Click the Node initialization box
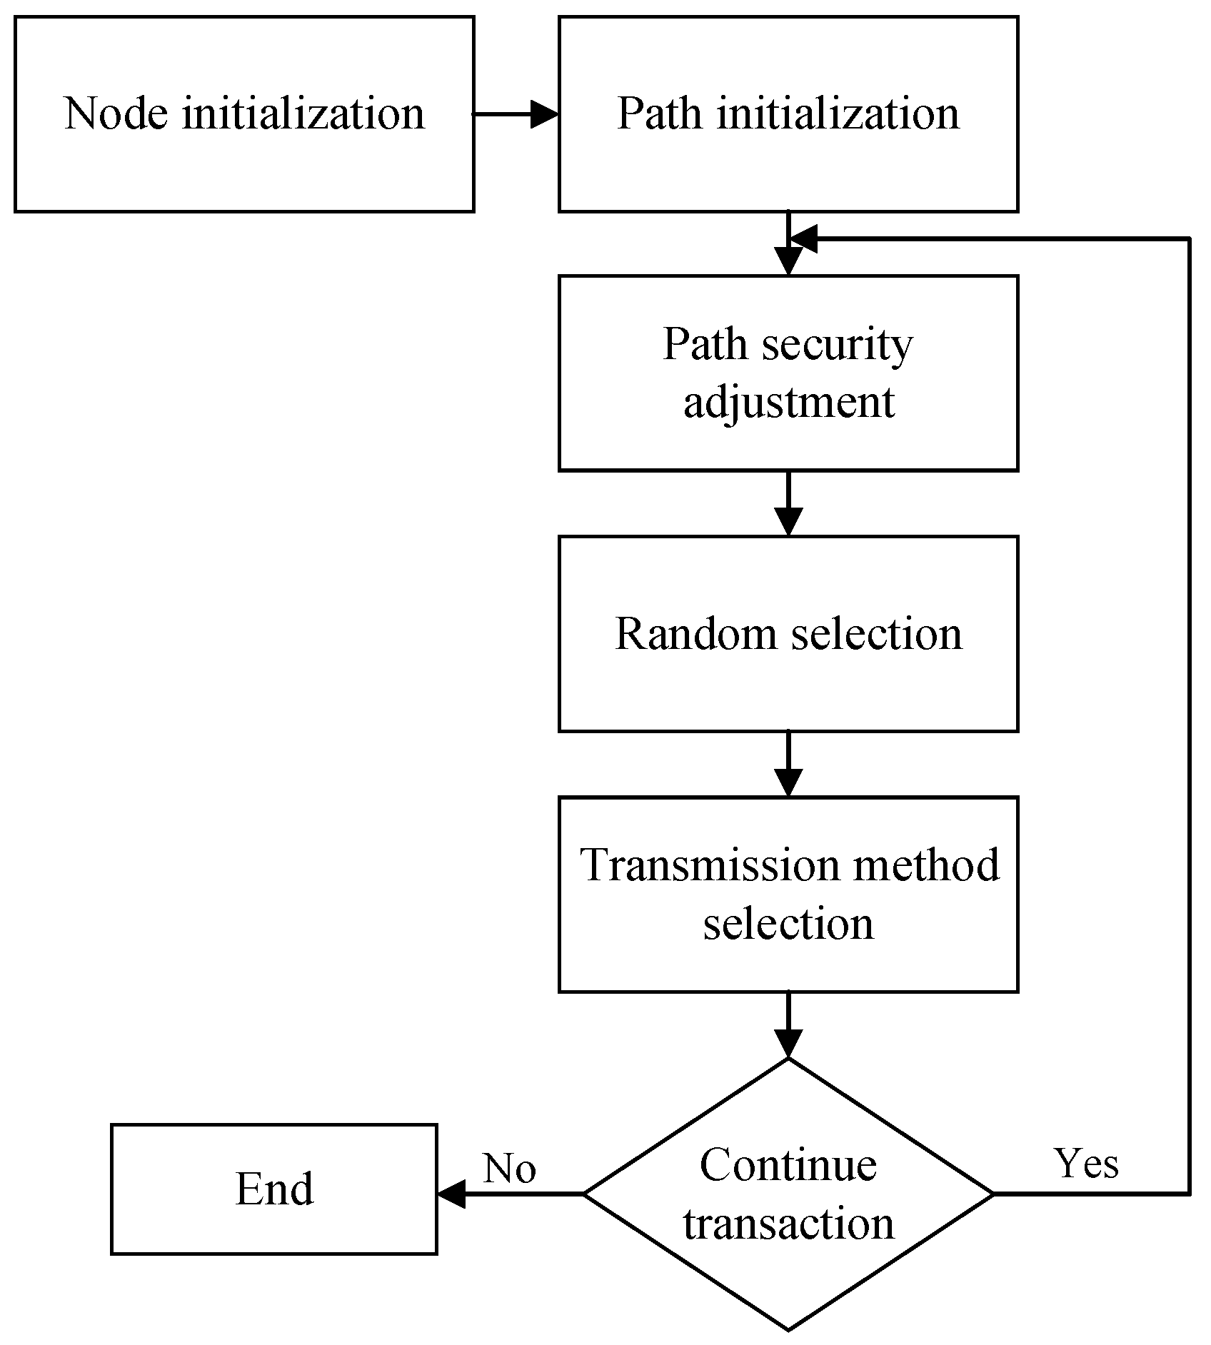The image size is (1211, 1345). point(243,114)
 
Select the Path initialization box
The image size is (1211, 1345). point(788,114)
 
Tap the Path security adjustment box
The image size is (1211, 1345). point(788,373)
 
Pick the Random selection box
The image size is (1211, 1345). point(788,634)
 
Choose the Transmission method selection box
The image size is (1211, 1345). point(788,894)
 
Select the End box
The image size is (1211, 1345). point(274,1189)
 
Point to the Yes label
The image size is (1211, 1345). point(1086,1164)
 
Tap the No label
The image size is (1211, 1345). point(509,1169)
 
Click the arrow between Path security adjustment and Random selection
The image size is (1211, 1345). point(788,504)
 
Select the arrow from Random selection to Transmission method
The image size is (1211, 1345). point(788,764)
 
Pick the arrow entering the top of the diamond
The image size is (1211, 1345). point(788,1025)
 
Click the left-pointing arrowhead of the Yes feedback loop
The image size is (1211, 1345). point(804,239)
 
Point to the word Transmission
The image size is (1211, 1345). point(710,865)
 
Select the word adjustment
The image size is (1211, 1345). point(788,403)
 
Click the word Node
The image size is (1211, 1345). point(116,114)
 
